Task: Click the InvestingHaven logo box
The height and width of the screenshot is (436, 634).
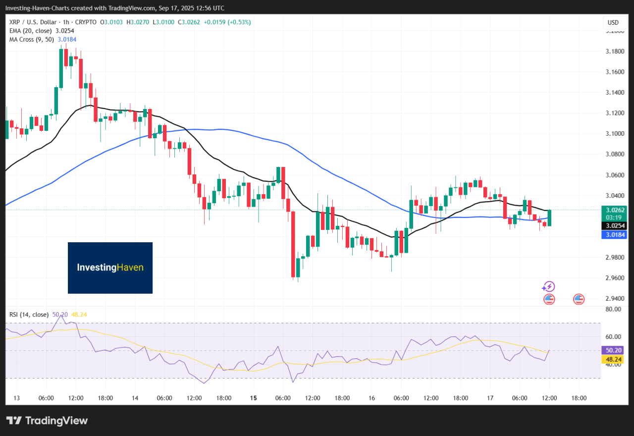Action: point(110,268)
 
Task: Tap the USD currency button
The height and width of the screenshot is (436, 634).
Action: point(613,22)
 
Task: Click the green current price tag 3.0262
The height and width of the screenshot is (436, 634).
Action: point(613,210)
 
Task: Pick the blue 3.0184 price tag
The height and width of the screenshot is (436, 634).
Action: point(613,235)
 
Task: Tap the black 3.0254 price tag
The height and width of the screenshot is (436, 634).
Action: point(613,225)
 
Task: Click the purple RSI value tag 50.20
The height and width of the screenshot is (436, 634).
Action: point(613,350)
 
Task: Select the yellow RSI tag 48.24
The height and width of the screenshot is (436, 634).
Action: point(613,359)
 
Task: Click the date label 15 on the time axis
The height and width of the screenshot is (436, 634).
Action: point(254,398)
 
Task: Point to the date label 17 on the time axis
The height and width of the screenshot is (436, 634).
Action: point(490,398)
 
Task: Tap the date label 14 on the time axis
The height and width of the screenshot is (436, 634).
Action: point(135,398)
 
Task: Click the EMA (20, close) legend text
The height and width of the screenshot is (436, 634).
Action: point(32,31)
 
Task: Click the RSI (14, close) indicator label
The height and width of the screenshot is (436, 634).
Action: point(29,314)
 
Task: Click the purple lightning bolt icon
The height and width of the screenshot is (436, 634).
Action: point(548,287)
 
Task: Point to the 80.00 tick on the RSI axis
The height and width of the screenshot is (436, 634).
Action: point(613,309)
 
